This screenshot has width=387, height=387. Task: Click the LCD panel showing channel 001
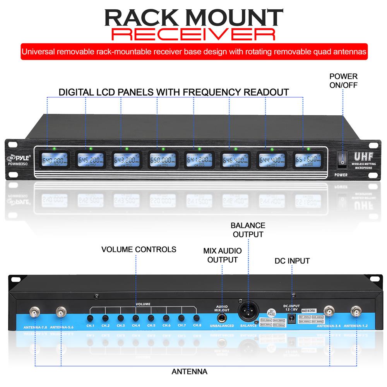click(x=53, y=159)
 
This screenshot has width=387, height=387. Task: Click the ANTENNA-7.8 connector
click(x=34, y=312)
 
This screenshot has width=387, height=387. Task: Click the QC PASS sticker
click(x=272, y=313)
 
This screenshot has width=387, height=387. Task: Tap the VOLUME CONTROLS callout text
click(x=139, y=249)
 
